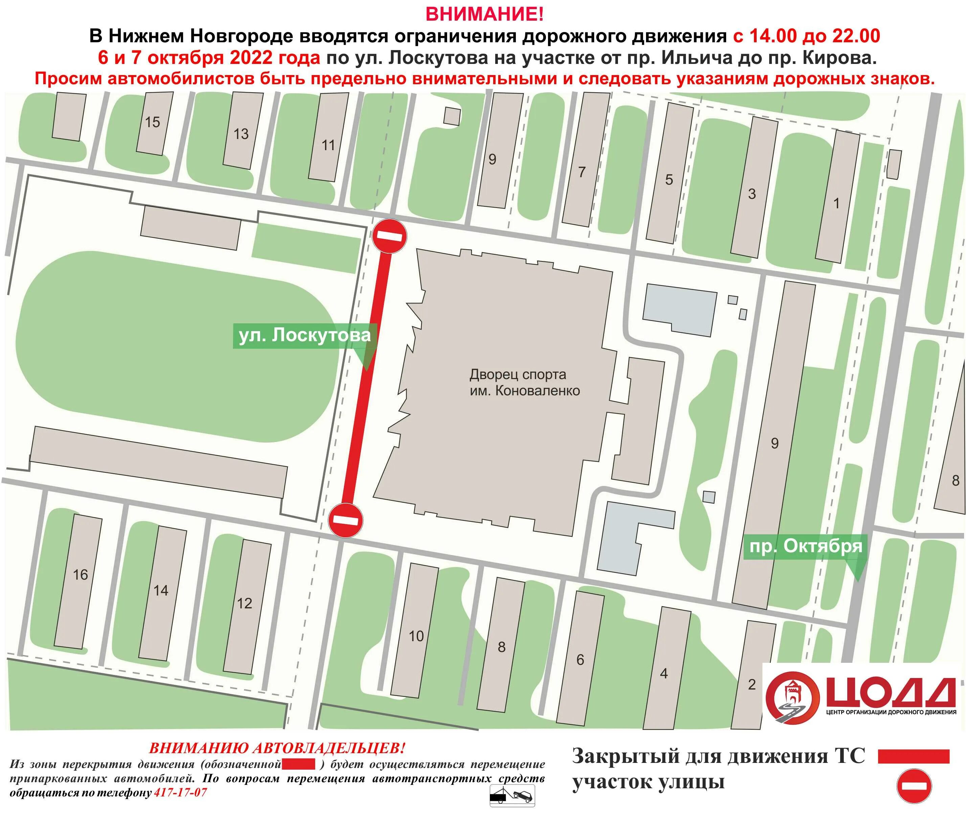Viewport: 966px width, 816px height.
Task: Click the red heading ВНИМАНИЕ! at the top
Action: [484, 14]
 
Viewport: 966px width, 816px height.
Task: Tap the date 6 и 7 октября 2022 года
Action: [209, 58]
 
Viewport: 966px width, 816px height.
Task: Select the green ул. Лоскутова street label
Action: [304, 335]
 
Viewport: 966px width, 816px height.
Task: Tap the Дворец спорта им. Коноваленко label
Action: [524, 382]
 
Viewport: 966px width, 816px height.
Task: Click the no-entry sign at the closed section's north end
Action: [390, 236]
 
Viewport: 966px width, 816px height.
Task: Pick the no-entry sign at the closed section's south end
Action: [345, 520]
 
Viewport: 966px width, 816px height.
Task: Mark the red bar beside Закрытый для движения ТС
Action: [914, 756]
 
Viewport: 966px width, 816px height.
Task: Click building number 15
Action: [152, 122]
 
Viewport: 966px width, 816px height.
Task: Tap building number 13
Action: [240, 134]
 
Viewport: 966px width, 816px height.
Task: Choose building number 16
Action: [80, 575]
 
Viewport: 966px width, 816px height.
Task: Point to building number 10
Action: [416, 636]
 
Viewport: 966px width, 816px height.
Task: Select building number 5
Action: [668, 180]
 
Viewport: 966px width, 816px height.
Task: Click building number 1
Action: [836, 203]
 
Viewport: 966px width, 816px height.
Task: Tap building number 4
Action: [663, 674]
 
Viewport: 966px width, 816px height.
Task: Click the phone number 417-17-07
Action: [180, 792]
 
